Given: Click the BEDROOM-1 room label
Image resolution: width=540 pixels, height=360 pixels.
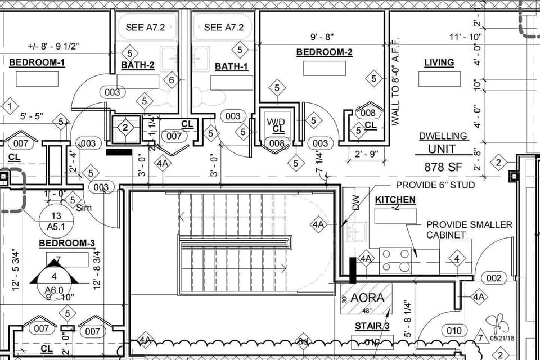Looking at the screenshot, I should coord(37,62).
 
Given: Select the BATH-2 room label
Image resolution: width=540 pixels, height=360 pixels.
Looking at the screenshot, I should coord(137,65).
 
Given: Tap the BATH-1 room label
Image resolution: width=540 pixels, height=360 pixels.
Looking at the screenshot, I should coord(231,66).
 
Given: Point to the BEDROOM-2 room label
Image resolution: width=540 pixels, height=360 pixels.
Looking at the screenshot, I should coord(324,52).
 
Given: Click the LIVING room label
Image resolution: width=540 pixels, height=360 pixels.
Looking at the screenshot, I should coord(439,62).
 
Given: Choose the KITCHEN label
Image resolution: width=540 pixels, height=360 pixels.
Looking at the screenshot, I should coord(395,200).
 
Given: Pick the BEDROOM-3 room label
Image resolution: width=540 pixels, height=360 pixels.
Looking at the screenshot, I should coord(66,243).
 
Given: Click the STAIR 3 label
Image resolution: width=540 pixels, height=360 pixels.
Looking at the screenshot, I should coord(372,326).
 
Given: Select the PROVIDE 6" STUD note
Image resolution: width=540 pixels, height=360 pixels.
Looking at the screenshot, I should coord(435,184).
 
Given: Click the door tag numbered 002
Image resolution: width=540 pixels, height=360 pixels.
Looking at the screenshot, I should coord(493,278).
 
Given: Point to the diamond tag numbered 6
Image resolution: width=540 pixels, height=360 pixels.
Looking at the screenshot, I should coord(172,80).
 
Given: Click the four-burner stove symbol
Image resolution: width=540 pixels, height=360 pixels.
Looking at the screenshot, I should coord(395,260).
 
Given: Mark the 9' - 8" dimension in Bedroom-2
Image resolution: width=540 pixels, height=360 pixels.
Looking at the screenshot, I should coord(322,37).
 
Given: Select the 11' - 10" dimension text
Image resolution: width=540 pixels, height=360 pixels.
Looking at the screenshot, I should coord(466,37).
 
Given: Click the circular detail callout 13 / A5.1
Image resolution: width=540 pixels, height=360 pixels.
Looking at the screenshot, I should coord(56,221).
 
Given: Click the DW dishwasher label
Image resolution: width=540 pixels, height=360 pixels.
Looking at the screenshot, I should coord(355,203).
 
